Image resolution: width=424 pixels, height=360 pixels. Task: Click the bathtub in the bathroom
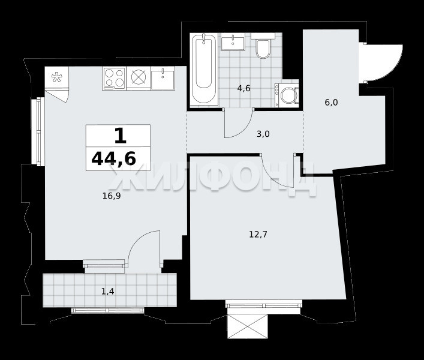(x=204, y=70)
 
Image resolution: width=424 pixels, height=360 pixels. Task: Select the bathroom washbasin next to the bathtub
(x=233, y=41)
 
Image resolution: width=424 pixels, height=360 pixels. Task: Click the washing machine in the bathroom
(x=287, y=95)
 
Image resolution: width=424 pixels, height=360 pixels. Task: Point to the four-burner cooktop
(x=114, y=79)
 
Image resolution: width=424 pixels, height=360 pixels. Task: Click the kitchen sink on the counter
(x=163, y=78)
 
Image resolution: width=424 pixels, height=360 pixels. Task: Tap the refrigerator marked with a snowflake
(x=57, y=77)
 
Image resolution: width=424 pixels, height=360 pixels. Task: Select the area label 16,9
(x=112, y=196)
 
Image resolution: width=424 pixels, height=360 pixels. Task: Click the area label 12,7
(x=258, y=234)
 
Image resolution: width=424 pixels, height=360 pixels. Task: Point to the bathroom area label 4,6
(x=243, y=88)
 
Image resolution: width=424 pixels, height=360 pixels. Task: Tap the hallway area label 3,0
(x=263, y=134)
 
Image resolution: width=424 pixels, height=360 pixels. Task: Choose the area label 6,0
(x=331, y=103)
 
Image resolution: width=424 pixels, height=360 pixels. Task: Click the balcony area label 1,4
(x=107, y=291)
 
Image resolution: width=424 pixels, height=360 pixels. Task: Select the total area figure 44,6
(x=113, y=158)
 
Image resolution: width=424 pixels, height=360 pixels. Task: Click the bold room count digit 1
(x=121, y=136)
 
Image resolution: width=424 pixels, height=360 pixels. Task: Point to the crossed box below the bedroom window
(x=248, y=326)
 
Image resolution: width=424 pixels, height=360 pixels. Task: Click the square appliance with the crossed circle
(x=139, y=77)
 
